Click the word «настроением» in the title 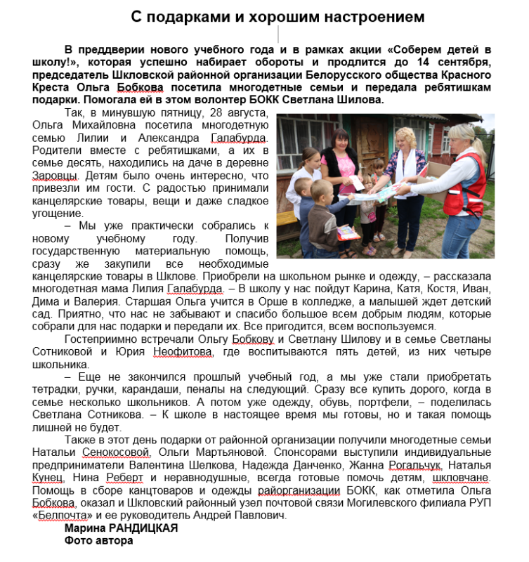coord(363,15)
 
